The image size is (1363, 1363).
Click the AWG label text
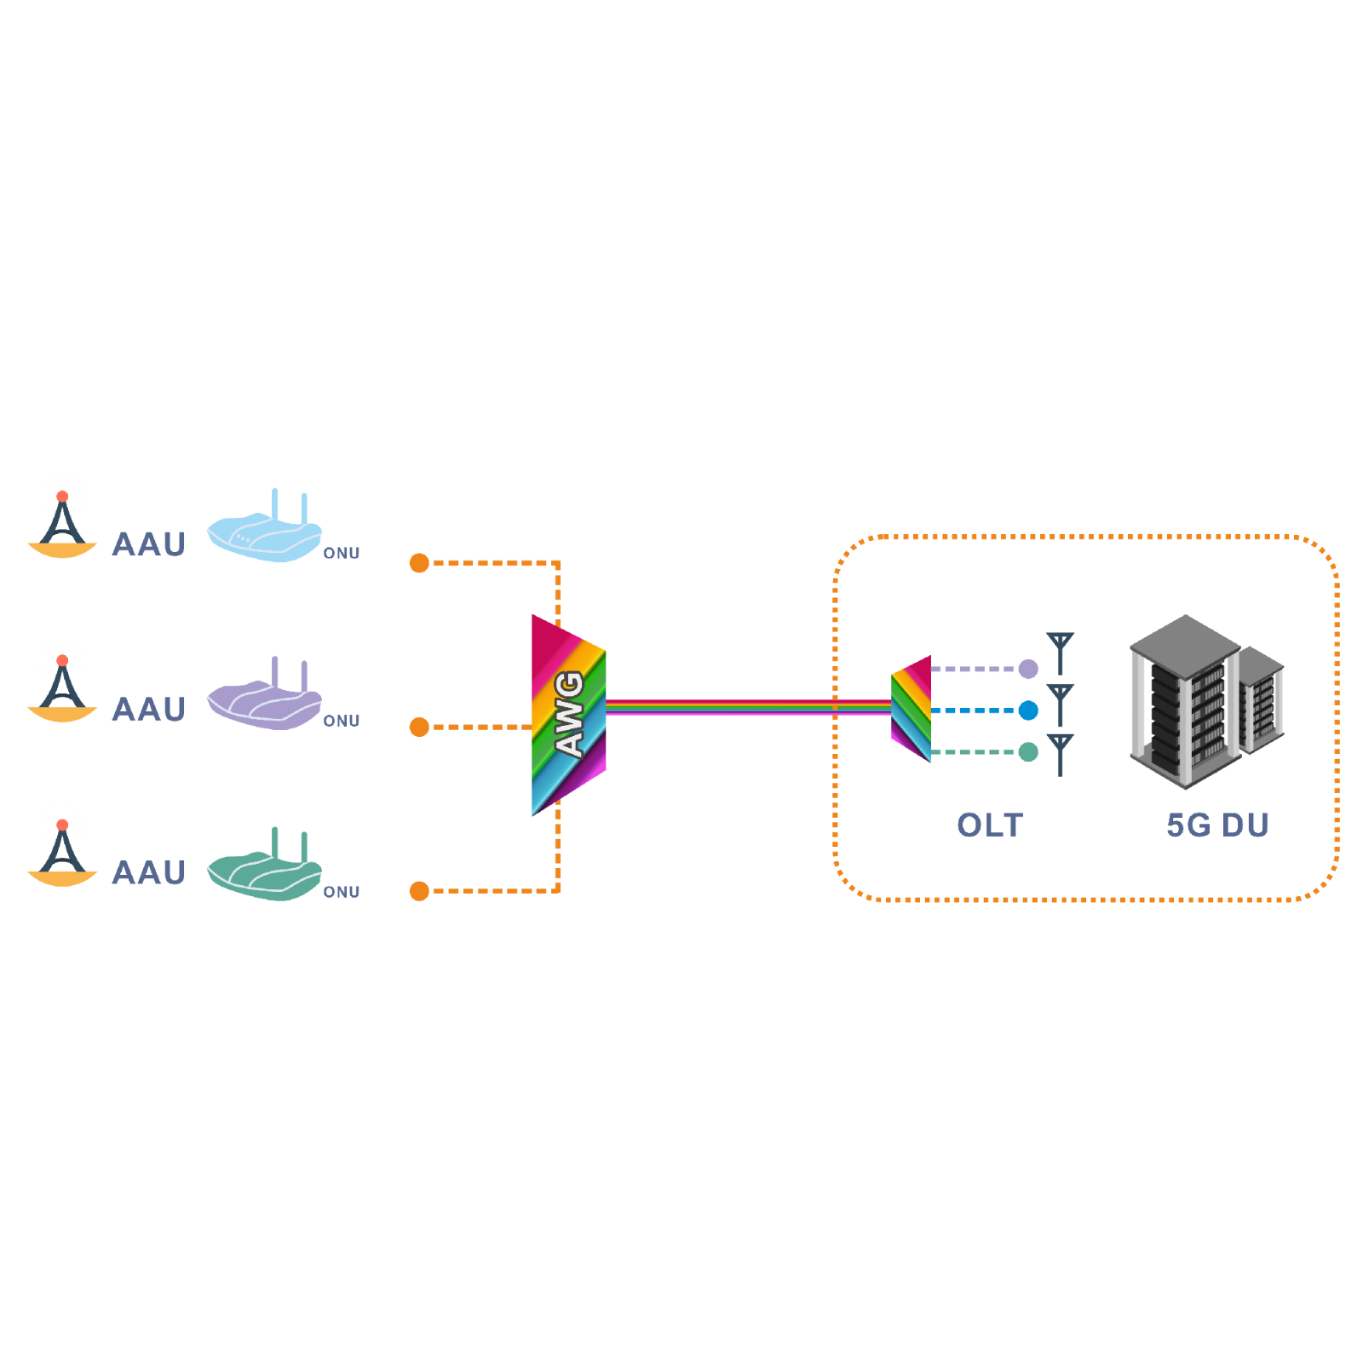point(569,714)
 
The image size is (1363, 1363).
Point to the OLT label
point(990,825)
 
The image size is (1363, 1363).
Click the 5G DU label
point(1217,825)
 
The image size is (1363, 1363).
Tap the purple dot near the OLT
point(1028,669)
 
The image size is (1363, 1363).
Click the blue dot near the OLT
point(1028,710)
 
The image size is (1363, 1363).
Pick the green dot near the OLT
point(1028,752)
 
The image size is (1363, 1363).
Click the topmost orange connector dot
point(419,563)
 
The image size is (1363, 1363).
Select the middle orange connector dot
point(419,727)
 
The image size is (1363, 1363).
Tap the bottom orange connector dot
point(419,891)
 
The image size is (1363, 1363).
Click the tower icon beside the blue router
point(62,526)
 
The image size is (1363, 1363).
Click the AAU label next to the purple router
point(149,710)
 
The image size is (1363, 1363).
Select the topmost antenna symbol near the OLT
point(1061,653)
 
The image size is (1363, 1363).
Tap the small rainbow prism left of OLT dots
point(912,709)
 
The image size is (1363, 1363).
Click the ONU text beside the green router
point(342,892)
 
